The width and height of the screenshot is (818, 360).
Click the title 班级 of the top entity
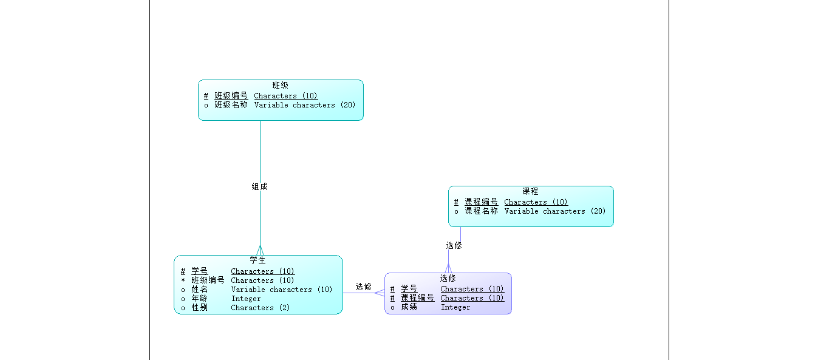[x=280, y=86]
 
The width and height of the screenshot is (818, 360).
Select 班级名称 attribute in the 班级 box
[x=231, y=105]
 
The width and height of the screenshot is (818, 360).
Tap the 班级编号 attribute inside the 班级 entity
[x=231, y=96]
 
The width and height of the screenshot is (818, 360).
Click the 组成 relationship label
[x=259, y=187]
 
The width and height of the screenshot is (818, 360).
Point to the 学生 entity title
[x=258, y=260]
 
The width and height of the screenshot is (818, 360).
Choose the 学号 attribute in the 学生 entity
[x=199, y=271]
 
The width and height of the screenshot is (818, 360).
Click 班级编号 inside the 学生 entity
[x=208, y=280]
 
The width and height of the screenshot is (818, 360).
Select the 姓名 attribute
[x=199, y=290]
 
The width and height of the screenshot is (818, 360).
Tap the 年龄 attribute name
[x=199, y=299]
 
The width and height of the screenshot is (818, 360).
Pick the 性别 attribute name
[x=199, y=308]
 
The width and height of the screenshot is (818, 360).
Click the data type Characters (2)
[x=260, y=308]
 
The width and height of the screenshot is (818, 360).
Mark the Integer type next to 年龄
[x=245, y=299]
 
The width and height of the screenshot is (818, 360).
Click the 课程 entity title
[x=530, y=191]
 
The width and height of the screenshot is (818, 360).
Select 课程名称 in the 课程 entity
[x=481, y=211]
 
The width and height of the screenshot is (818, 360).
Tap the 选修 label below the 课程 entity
[x=454, y=246]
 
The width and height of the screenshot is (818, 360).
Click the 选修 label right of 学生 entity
[x=363, y=287]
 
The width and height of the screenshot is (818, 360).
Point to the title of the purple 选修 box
[x=448, y=279]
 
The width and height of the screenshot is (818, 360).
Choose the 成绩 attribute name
[x=409, y=307]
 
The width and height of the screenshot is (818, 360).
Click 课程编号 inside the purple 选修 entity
[x=417, y=298]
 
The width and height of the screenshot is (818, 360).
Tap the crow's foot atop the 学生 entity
[x=260, y=251]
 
